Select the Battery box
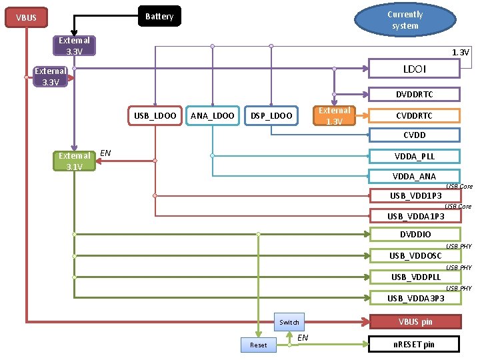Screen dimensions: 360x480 (159, 16)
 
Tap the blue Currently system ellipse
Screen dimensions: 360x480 (405, 20)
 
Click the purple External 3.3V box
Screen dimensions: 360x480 (74, 45)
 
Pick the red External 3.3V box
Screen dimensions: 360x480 (51, 77)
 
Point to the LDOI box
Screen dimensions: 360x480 (415, 69)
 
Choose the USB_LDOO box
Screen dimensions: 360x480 (155, 116)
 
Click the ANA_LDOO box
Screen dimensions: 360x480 (212, 116)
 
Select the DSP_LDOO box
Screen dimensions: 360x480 (271, 116)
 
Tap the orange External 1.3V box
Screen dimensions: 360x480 (335, 115)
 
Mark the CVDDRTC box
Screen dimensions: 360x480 (414, 115)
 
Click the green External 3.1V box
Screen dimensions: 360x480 (74, 161)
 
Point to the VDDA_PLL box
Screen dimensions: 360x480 (414, 156)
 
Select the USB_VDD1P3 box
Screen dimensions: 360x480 (415, 195)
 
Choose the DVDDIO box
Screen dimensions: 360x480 (415, 234)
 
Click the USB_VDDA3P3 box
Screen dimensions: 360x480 (415, 298)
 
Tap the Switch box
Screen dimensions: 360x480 (289, 322)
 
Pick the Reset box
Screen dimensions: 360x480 (258, 345)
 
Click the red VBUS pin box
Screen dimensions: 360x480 (415, 322)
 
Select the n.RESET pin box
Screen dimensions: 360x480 (415, 344)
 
